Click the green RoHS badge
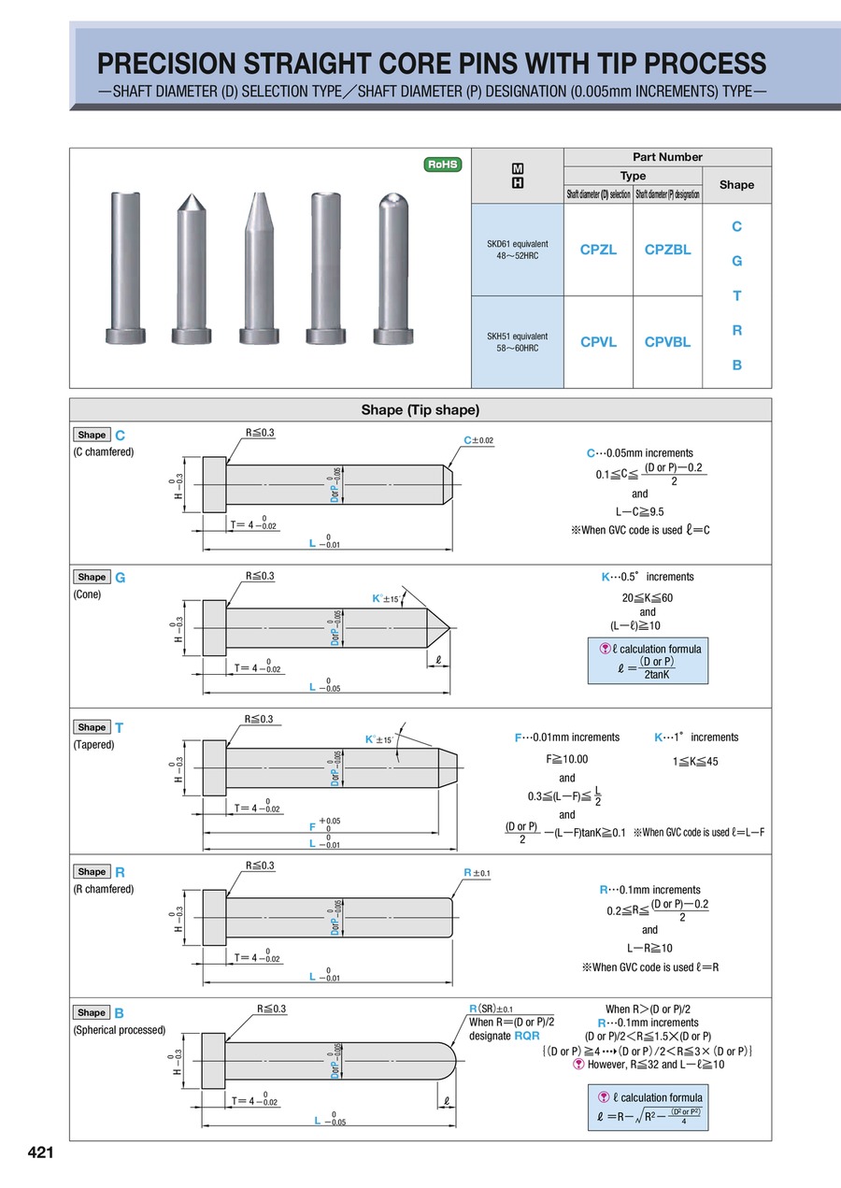pos(443,165)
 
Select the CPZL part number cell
pos(598,250)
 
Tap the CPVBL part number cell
pos(667,342)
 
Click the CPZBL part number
pos(667,250)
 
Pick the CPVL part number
pos(598,342)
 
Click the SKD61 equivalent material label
pos(517,250)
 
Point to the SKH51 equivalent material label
pos(517,341)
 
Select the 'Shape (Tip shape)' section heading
pos(420,410)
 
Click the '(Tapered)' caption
pos(93,745)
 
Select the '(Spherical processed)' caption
pos(119,1030)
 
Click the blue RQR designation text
pos(527,1036)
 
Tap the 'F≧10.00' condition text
pos(567,759)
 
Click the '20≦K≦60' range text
pos(648,597)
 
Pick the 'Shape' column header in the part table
pos(736,184)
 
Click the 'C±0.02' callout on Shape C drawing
pos(478,440)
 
